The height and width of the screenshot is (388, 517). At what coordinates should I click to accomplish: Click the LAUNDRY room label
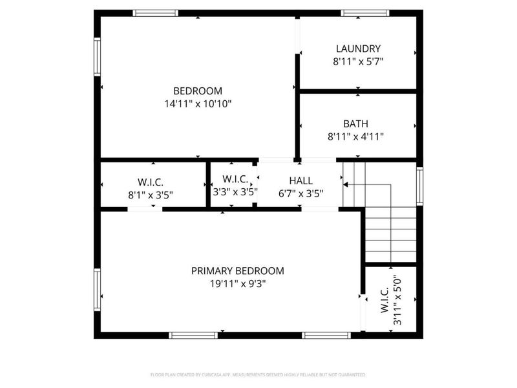[x=358, y=48]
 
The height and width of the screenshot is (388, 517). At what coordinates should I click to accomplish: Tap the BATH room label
[x=356, y=124]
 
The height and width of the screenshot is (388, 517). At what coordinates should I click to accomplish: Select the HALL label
[x=301, y=180]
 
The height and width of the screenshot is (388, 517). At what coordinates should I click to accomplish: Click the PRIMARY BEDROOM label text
[x=237, y=271]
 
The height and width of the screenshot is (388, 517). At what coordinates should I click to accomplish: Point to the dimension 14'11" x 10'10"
[x=198, y=103]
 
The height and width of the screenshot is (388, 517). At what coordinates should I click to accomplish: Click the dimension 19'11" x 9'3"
[x=237, y=283]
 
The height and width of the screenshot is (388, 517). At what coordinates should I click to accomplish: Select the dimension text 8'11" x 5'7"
[x=358, y=61]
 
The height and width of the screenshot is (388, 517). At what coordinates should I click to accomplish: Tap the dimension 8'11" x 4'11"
[x=356, y=136]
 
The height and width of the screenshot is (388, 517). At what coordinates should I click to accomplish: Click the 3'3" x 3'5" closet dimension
[x=236, y=191]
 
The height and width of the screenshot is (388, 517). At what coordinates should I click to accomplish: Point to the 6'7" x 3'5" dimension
[x=301, y=193]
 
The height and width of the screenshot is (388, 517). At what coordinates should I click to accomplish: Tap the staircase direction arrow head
[x=346, y=184]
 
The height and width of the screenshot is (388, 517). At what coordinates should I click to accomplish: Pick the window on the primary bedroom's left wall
[x=98, y=290]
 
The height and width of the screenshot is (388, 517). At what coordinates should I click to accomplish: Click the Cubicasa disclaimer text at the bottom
[x=258, y=374]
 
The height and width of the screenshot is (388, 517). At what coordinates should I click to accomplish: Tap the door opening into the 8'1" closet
[x=145, y=209]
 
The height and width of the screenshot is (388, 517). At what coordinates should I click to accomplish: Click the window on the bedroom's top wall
[x=155, y=13]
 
